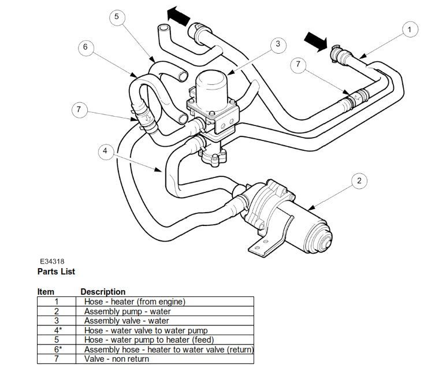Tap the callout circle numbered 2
pos(359,181)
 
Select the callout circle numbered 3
pos(277,43)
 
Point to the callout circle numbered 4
pos(105,151)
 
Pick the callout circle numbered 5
pos(116,17)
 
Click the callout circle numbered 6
pos(85,47)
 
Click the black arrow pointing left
pos(179,16)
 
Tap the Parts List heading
pos(56,272)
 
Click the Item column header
pos(46,292)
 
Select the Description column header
pos(103,292)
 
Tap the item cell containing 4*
pos(57,330)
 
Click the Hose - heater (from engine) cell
pos(135,301)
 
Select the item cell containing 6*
pos(57,349)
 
